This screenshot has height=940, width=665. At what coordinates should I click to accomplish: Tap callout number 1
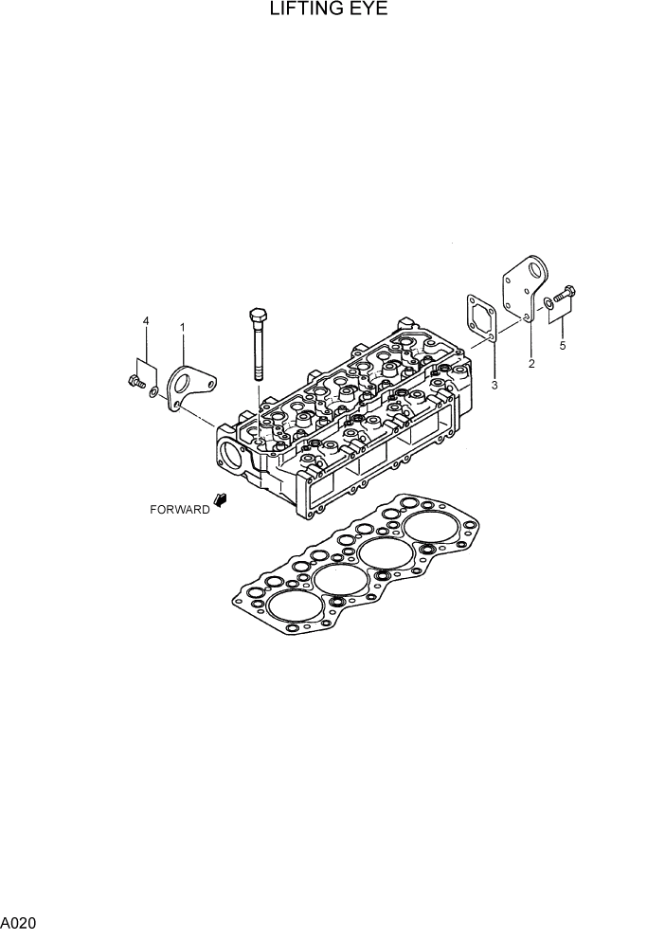coord(182,328)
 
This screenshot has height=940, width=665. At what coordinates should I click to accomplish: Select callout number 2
coord(530,364)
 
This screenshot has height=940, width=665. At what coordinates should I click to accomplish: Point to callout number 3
coord(494,386)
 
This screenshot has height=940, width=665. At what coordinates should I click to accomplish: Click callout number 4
coord(146,321)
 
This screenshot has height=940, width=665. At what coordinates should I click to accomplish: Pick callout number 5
coord(562,346)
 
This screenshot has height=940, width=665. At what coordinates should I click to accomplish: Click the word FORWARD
coord(179,510)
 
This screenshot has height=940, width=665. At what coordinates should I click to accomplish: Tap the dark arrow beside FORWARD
coord(221,500)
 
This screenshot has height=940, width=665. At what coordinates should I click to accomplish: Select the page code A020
coord(19,921)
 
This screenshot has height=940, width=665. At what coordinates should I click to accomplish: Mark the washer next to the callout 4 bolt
coord(153,389)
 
